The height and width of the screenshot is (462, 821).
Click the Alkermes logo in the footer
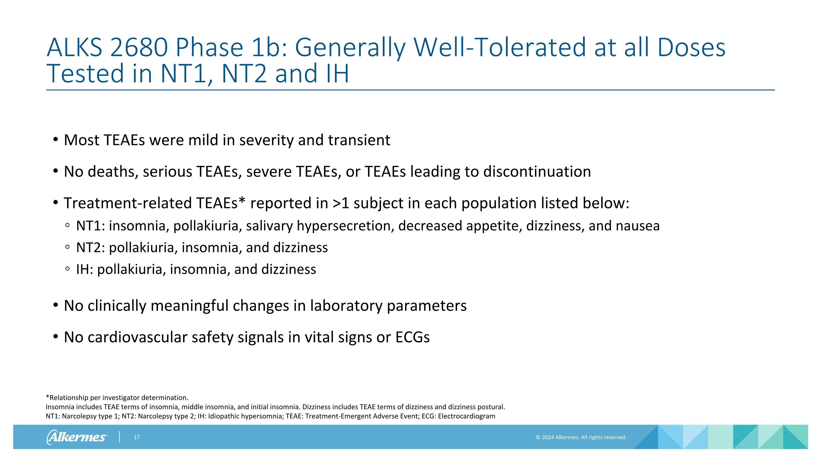[77, 437]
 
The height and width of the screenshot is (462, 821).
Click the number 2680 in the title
[139, 47]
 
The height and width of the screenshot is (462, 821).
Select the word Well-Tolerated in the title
[500, 47]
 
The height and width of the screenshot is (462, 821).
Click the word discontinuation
[537, 172]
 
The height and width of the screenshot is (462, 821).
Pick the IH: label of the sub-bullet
[85, 269]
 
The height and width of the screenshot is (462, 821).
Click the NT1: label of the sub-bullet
[91, 226]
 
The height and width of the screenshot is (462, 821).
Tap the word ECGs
[412, 337]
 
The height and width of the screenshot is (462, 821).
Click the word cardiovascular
[137, 337]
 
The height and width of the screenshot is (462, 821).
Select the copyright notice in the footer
[581, 437]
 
